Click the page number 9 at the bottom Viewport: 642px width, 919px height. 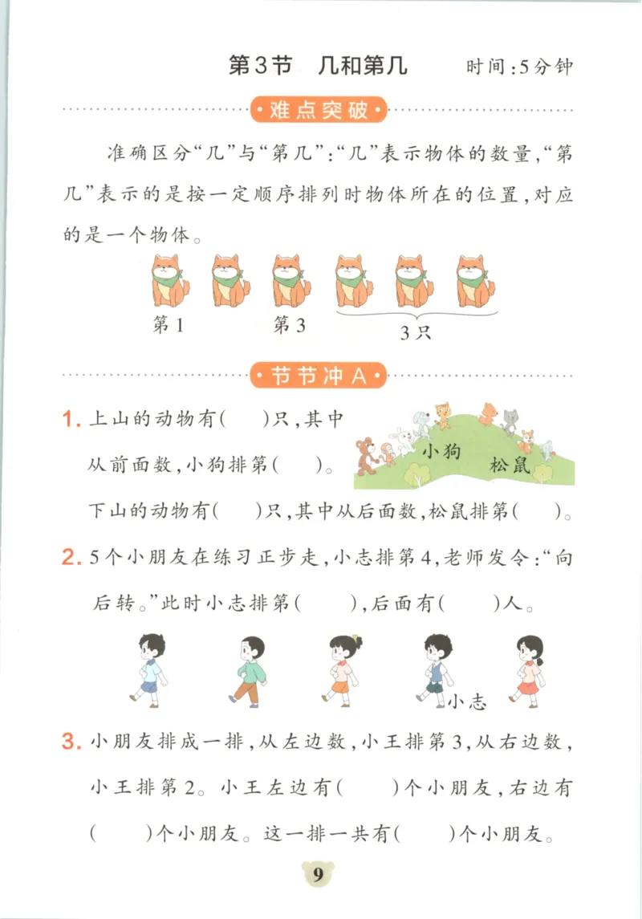click(x=318, y=875)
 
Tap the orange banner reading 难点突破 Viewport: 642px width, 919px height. click(x=319, y=110)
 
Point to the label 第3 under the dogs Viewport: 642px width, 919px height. click(x=290, y=325)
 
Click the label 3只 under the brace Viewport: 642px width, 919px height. click(x=416, y=333)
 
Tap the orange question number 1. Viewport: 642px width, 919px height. click(x=70, y=420)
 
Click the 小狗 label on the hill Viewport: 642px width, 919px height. click(x=441, y=451)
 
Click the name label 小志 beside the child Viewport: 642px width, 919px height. click(x=468, y=702)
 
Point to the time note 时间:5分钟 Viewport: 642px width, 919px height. click(x=520, y=67)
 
